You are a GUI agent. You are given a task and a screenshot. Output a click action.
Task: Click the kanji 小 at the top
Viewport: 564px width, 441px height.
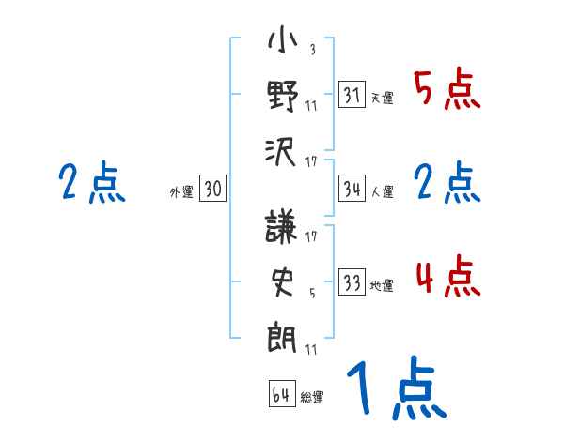coord(282,43)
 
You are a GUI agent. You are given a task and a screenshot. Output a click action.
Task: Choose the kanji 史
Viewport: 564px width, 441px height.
coord(282,282)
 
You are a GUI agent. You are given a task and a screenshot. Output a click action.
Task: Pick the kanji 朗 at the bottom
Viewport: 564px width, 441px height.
coord(282,335)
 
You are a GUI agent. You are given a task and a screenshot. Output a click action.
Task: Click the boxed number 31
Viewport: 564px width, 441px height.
coord(352,94)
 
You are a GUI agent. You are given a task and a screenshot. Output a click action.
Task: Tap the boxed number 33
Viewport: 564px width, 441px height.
coord(352,282)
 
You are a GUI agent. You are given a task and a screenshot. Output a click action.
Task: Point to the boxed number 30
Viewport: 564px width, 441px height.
coord(212,190)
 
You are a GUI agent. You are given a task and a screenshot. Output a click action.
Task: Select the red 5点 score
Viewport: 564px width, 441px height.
coord(446,91)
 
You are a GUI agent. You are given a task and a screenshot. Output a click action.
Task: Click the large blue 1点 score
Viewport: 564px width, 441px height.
coord(395,390)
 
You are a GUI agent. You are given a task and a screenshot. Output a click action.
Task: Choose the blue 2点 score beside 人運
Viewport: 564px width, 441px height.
coord(446,184)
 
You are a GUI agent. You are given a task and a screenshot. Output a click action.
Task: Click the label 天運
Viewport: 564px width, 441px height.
coord(382,98)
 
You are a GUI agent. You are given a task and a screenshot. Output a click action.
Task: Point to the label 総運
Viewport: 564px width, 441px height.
coord(312,398)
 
